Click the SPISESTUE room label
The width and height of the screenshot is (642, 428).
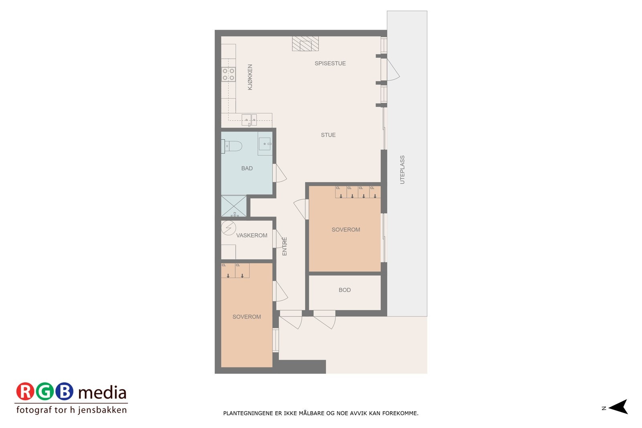330,63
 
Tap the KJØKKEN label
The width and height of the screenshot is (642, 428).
250,77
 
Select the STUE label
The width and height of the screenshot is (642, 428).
328,135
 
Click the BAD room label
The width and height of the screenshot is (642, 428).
247,168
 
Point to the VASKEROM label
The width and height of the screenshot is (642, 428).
252,235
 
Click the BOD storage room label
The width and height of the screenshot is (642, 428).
344,290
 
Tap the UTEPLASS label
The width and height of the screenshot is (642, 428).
402,170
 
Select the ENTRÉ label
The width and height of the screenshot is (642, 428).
284,246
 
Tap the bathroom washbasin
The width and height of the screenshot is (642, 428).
265,143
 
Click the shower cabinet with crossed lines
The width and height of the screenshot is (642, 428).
234,206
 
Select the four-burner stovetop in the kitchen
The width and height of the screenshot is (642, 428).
228,75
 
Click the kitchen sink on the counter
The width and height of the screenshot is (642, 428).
249,119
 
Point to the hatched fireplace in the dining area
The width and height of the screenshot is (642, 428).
305,44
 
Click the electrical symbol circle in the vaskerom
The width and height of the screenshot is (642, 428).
229,228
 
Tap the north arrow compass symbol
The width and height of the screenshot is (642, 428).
618,407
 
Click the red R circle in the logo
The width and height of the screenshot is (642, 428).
25,391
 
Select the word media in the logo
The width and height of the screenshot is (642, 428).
102,393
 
